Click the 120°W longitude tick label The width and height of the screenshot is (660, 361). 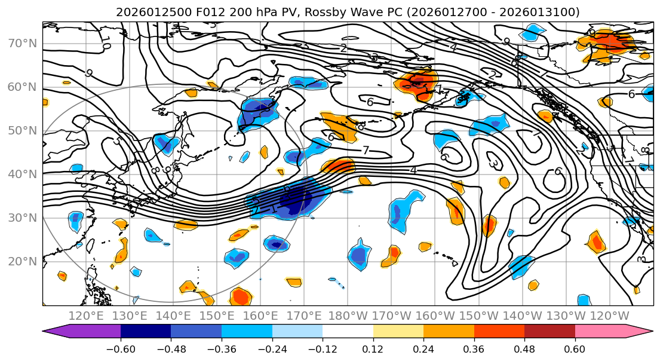(610, 316)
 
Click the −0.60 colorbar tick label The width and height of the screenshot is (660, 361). (121, 348)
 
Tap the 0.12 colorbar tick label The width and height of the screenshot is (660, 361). (373, 348)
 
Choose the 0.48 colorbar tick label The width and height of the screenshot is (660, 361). (524, 348)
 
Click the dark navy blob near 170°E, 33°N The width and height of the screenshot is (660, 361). (295, 199)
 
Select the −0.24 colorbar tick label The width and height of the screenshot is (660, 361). (272, 348)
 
